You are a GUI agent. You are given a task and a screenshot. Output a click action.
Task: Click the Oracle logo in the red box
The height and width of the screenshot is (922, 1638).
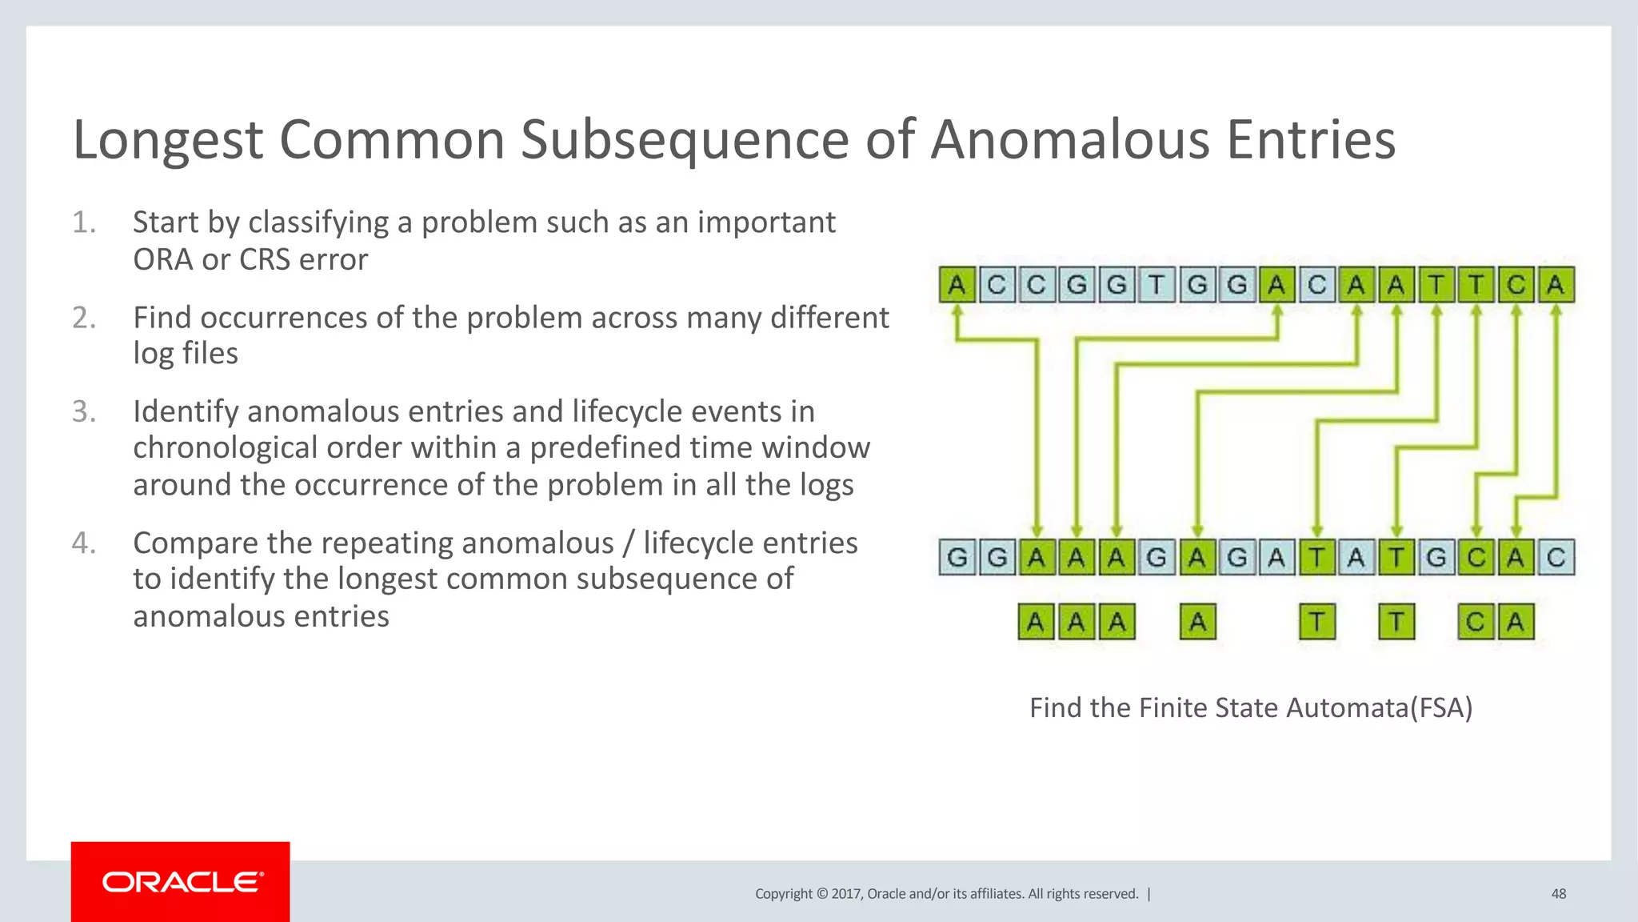[x=182, y=882]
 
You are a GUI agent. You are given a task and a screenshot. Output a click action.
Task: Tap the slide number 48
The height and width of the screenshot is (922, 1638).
[x=1558, y=893]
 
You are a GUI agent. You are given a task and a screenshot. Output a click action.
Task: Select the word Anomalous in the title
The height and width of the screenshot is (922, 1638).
[x=1071, y=140]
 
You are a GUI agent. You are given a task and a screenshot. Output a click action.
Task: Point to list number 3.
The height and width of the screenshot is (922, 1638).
[x=84, y=411]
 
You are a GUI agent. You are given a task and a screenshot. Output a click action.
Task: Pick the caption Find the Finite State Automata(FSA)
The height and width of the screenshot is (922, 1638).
[x=1250, y=708]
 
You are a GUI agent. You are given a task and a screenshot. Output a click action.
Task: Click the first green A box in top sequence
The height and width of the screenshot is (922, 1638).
[x=957, y=285]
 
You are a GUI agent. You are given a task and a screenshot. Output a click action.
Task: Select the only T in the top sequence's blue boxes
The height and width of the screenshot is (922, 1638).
[x=1157, y=285]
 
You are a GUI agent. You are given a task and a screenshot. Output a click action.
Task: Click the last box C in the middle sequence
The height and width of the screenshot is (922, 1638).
[x=1556, y=557]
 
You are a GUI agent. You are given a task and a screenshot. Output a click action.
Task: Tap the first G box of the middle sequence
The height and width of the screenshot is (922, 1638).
[x=957, y=557]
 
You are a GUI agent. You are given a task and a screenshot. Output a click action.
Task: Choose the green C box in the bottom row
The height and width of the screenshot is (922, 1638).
[x=1476, y=622]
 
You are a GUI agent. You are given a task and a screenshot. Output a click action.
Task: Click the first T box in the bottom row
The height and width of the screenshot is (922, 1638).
[x=1316, y=622]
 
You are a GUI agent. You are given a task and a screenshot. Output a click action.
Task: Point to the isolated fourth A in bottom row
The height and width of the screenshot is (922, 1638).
[x=1197, y=622]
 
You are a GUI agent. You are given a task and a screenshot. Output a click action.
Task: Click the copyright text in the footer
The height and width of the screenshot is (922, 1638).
[x=946, y=893]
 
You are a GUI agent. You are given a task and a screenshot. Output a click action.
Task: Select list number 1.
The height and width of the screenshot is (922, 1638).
[x=84, y=222]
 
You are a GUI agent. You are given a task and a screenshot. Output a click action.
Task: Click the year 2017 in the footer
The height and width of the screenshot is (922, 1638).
[x=846, y=893]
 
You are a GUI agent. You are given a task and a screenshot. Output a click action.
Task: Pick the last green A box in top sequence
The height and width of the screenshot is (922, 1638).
[x=1556, y=285]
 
